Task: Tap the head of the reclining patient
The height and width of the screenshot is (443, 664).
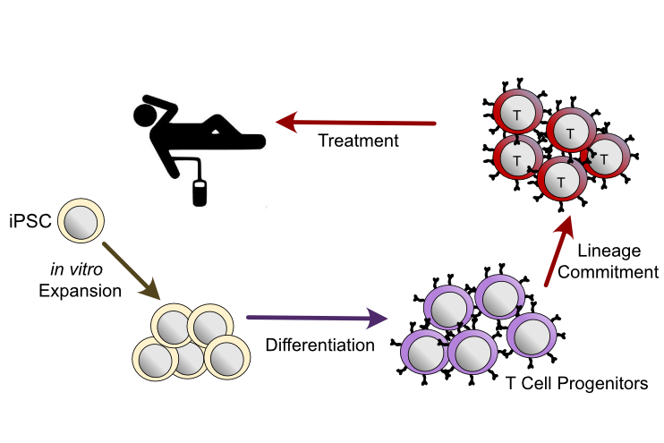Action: (146, 115)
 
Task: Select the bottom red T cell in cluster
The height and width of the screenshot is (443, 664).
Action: (559, 181)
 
